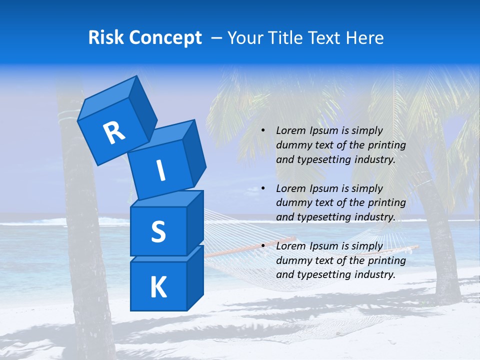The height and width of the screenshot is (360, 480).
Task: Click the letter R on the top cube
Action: click(114, 132)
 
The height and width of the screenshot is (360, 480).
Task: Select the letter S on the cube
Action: click(158, 232)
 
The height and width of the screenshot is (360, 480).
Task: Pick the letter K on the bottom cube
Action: click(158, 287)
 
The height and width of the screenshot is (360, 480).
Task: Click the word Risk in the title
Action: click(106, 38)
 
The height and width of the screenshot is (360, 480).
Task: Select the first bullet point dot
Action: click(263, 131)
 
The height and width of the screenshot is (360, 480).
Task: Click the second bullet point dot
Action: click(263, 189)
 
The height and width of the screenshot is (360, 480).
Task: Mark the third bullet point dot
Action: click(263, 246)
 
